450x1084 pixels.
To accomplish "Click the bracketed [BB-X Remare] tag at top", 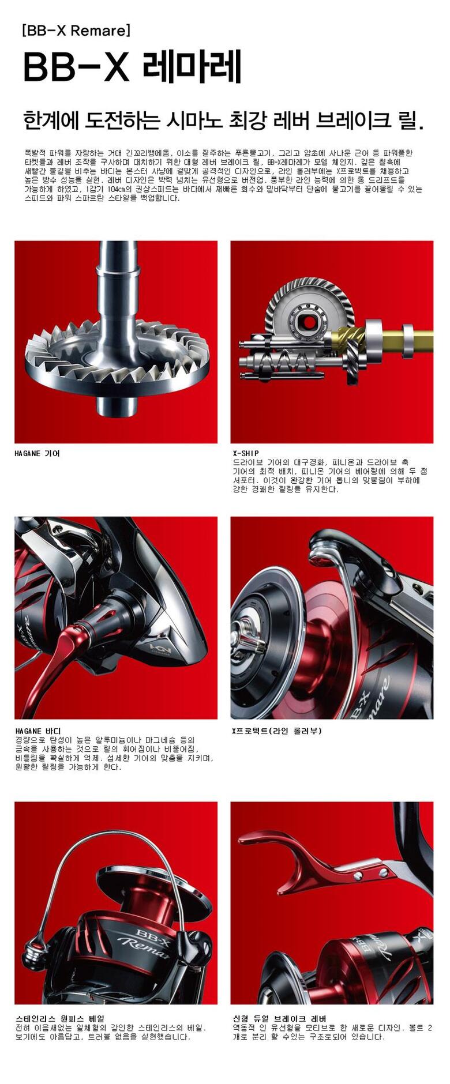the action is [76, 30].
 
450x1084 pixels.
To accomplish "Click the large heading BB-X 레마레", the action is [132, 68].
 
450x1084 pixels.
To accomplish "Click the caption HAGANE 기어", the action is [37, 453].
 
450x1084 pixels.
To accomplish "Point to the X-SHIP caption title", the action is [246, 453].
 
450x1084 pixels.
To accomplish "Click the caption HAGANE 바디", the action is [37, 731].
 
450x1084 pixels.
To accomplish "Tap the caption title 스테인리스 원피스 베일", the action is [60, 1018].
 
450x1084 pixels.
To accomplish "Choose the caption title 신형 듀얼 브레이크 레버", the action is [279, 1018].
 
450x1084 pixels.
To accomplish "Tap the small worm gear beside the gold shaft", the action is [349, 346].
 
